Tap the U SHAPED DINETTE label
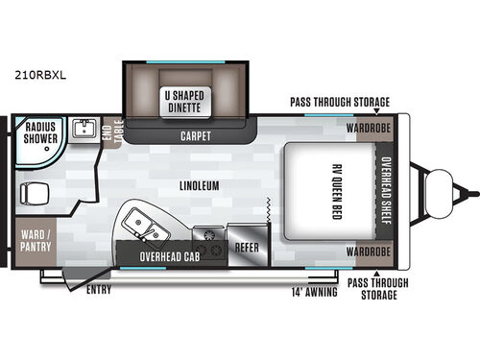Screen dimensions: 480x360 point(183,100)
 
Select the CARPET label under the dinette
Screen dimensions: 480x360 point(196,136)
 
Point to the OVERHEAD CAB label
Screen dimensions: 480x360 point(168,256)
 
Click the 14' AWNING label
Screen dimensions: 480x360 point(315,291)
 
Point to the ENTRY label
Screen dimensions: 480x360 point(98,289)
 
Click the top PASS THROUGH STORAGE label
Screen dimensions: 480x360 point(340,103)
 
